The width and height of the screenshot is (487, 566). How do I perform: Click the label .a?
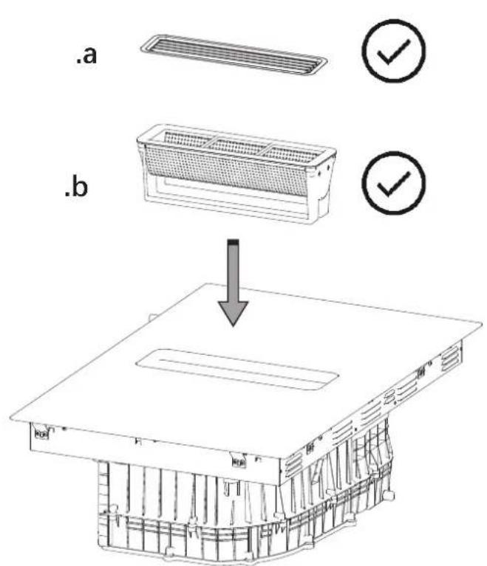pyautogui.click(x=86, y=56)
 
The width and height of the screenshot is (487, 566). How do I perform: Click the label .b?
pyautogui.click(x=76, y=187)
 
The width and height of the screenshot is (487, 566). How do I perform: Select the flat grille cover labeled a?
pyautogui.click(x=234, y=55)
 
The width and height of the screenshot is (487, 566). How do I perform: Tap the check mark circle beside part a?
pyautogui.click(x=394, y=51)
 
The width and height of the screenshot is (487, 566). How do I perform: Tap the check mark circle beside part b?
pyautogui.click(x=394, y=183)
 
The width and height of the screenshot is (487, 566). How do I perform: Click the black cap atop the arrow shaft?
pyautogui.click(x=234, y=242)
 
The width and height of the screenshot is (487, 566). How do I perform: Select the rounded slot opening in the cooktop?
pyautogui.click(x=237, y=369)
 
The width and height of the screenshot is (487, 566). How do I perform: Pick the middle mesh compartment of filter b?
pyautogui.click(x=236, y=146)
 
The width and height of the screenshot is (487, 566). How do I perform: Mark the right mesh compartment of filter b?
pyautogui.click(x=292, y=154)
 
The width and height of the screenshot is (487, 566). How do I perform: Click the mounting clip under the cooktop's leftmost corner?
pyautogui.click(x=41, y=432)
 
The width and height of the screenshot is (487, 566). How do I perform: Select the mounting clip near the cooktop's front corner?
pyautogui.click(x=239, y=461)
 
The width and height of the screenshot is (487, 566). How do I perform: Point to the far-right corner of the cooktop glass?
pyautogui.click(x=482, y=323)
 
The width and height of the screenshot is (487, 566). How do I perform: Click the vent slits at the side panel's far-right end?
pyautogui.click(x=451, y=359)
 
